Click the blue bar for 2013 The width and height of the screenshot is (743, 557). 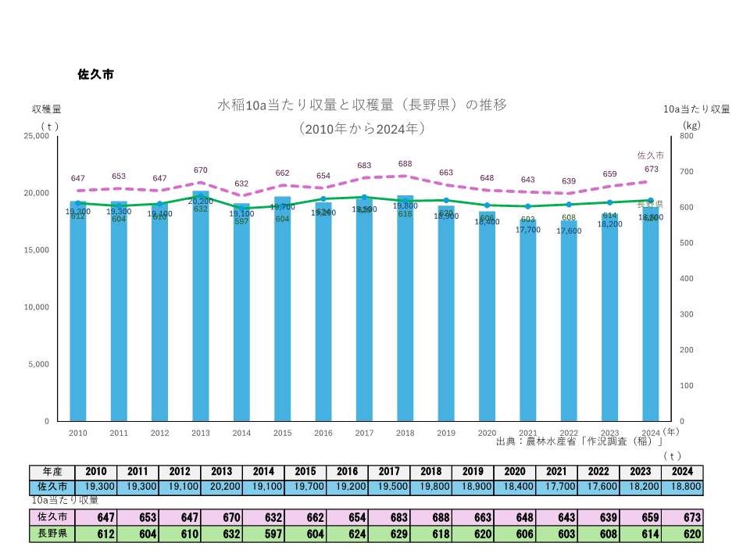(201, 312)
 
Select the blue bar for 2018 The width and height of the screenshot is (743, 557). (405, 312)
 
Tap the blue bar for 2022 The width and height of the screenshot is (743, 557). (569, 328)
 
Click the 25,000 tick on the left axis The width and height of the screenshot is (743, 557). (37, 136)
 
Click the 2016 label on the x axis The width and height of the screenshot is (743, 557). (323, 433)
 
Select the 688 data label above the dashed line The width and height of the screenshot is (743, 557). (405, 164)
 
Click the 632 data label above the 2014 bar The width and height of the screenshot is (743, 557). (241, 184)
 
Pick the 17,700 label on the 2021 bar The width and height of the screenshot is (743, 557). (528, 230)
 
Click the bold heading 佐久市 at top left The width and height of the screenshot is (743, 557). (96, 75)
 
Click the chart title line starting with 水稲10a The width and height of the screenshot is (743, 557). (362, 105)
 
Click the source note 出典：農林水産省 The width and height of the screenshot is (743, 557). (578, 442)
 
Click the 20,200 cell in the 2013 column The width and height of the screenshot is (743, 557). (220, 486)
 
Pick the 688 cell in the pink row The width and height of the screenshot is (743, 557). (430, 517)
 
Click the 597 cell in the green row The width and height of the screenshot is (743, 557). (263, 534)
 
